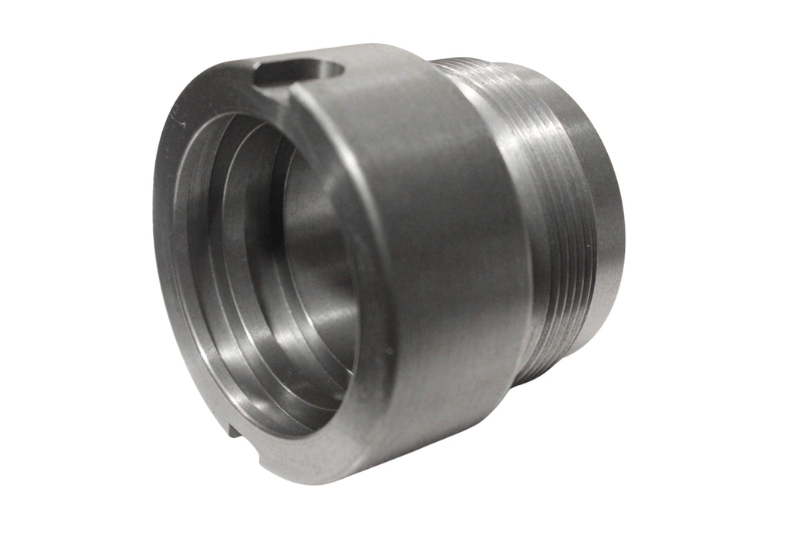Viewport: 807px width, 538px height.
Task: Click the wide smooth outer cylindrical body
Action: [x=438, y=254]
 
